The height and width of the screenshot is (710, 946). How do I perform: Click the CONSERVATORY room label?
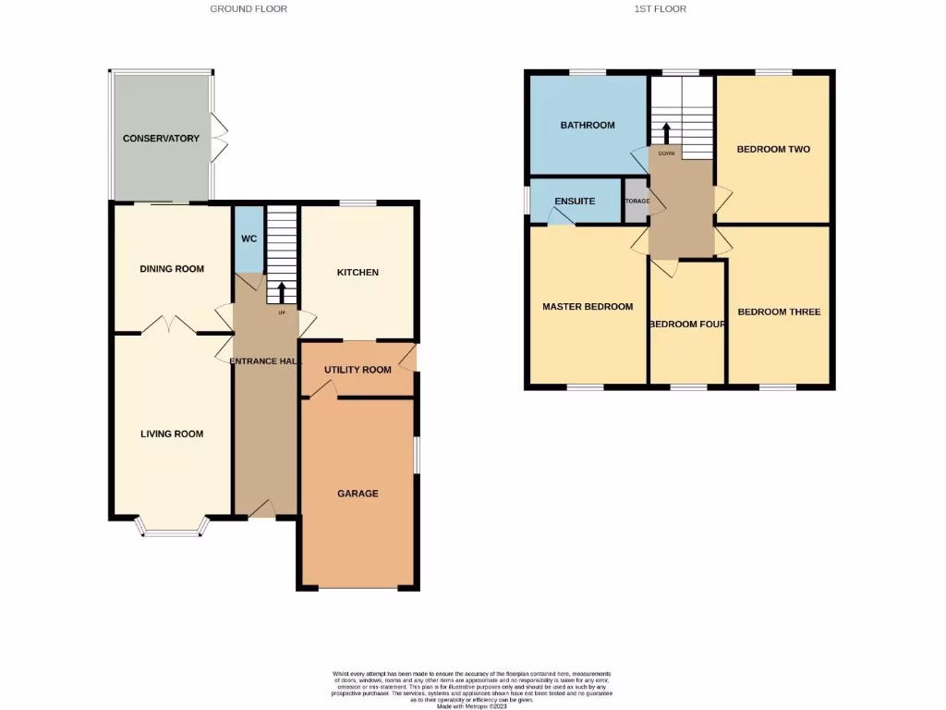(x=161, y=139)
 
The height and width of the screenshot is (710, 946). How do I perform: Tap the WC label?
(x=249, y=239)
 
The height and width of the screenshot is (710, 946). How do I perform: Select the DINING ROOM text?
(x=171, y=269)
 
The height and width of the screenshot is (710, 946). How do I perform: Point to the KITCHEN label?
(x=358, y=273)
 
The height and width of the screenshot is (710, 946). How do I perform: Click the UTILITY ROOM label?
(x=358, y=370)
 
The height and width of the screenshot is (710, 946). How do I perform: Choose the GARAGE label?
(x=358, y=494)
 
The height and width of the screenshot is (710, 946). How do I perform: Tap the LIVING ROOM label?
(x=172, y=434)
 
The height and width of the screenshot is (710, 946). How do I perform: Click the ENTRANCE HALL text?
(x=265, y=361)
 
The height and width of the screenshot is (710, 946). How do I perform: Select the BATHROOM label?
(x=588, y=126)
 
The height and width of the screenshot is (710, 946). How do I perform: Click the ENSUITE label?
(x=575, y=202)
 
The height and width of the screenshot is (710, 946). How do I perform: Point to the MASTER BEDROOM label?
(x=588, y=307)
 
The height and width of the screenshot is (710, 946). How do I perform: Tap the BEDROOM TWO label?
(x=773, y=149)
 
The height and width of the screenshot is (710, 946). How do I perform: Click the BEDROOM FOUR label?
(x=686, y=324)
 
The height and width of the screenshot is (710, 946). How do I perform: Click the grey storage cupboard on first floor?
(x=637, y=201)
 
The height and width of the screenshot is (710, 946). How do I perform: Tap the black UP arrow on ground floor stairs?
(x=282, y=292)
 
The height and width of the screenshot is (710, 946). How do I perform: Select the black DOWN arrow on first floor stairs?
(x=666, y=132)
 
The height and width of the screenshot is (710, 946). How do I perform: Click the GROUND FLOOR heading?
(x=249, y=9)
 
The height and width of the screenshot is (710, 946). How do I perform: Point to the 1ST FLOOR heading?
(x=660, y=9)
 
